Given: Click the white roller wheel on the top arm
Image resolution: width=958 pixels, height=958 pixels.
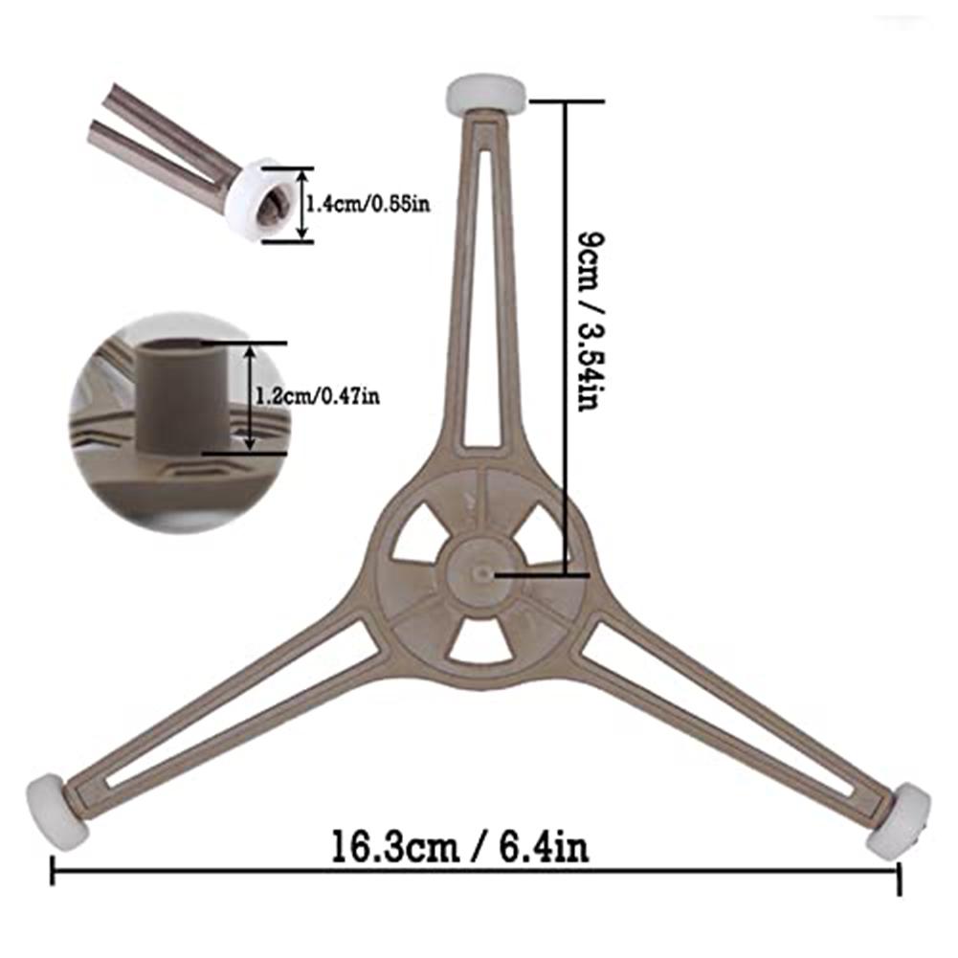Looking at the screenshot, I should click(485, 96).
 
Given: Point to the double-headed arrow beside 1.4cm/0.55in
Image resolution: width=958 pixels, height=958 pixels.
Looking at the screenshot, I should click(301, 204).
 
